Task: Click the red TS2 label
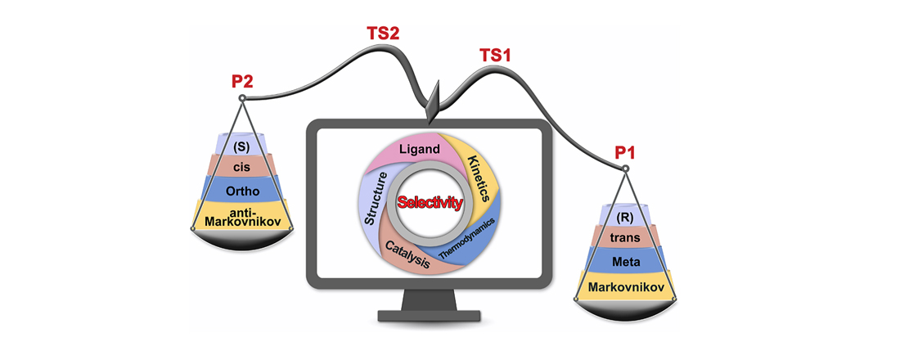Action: (x=383, y=35)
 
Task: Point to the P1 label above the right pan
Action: (x=625, y=153)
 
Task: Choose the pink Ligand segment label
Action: (x=421, y=150)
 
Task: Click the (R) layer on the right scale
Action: (x=624, y=218)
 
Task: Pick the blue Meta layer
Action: (x=624, y=261)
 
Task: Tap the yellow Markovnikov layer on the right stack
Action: (x=624, y=286)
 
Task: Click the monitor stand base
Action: (x=425, y=316)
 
